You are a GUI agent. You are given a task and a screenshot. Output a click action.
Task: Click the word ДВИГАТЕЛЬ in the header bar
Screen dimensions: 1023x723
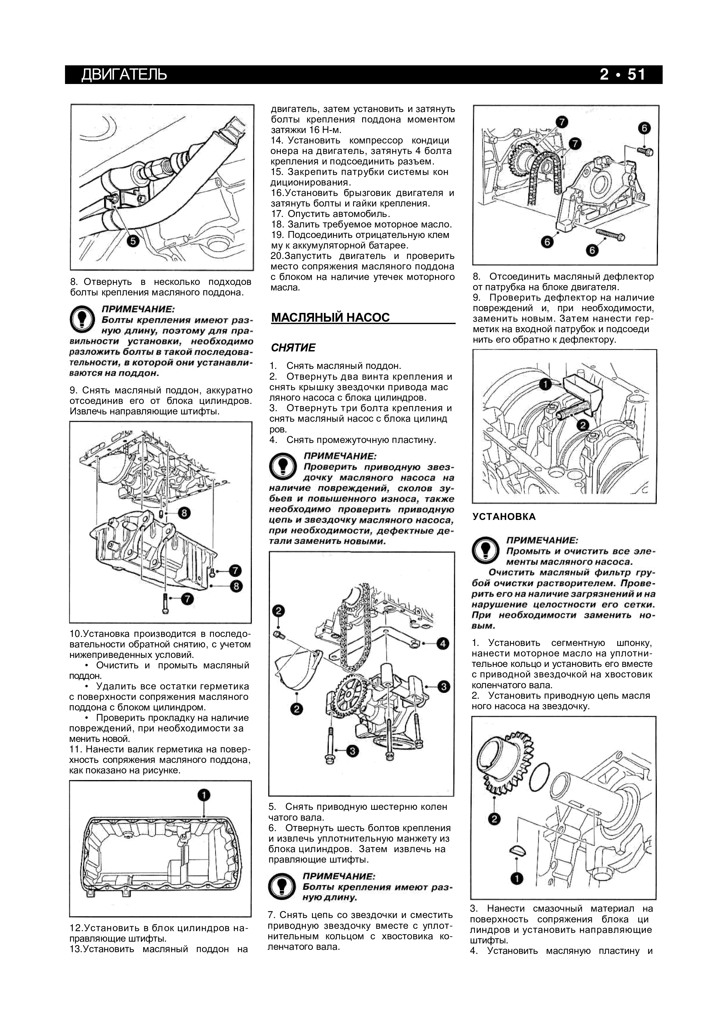pyautogui.click(x=124, y=74)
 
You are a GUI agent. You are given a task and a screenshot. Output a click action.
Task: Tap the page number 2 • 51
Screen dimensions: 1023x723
pyautogui.click(x=622, y=74)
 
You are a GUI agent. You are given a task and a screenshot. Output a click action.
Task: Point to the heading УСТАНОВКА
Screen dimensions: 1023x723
pyautogui.click(x=504, y=516)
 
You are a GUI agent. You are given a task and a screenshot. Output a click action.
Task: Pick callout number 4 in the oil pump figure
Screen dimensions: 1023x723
pyautogui.click(x=443, y=643)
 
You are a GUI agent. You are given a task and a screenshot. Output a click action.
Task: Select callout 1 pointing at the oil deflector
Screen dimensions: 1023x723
pyautogui.click(x=544, y=384)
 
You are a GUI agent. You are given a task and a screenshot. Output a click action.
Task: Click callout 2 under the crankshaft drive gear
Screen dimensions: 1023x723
pyautogui.click(x=494, y=819)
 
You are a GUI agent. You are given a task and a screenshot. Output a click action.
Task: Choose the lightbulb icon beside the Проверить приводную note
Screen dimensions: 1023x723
pyautogui.click(x=282, y=466)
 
